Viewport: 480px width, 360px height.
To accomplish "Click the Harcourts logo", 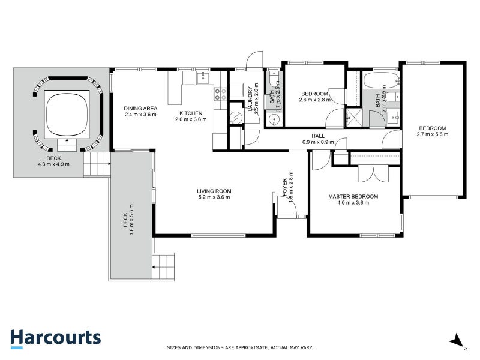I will tap(55, 337).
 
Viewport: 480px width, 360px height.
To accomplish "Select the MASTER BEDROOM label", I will tap(353, 196).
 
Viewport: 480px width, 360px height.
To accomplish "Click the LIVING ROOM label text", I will tap(214, 191).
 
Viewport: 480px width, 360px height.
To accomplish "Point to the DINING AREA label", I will tap(140, 108).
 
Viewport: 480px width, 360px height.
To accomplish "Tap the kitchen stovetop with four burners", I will tap(220, 94).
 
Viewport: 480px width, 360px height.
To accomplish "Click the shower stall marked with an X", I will tap(354, 118).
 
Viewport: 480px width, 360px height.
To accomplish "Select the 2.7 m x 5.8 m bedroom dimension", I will tap(432, 134).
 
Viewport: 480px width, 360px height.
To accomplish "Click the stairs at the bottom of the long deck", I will tap(164, 266).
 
